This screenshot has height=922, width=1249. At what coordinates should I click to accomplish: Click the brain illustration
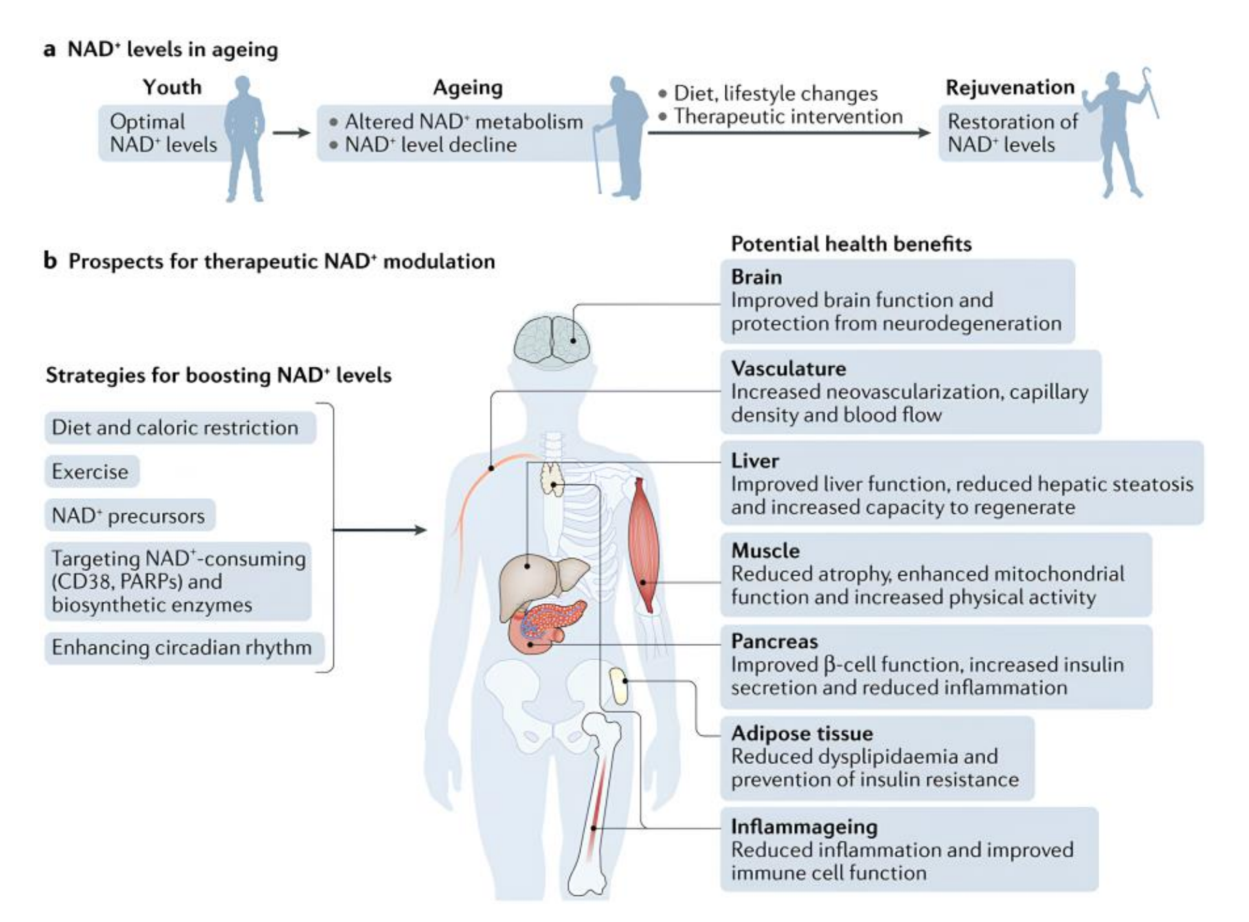552,339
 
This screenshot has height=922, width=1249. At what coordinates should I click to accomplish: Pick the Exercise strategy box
91,472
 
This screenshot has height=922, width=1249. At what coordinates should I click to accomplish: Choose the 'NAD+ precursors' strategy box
129,516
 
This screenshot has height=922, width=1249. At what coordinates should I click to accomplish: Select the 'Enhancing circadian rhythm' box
182,648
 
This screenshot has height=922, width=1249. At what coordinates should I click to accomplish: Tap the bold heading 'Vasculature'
788,369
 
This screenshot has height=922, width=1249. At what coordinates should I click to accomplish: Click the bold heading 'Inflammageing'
804,827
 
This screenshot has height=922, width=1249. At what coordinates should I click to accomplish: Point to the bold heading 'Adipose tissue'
801,733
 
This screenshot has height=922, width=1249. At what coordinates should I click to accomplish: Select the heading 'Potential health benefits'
851,244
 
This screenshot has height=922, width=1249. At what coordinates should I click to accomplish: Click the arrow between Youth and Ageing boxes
292,133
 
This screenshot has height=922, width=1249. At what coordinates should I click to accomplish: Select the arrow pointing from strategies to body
379,530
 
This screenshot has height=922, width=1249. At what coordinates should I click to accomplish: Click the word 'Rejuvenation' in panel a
1009,87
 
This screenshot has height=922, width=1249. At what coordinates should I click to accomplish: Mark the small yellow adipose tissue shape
620,686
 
